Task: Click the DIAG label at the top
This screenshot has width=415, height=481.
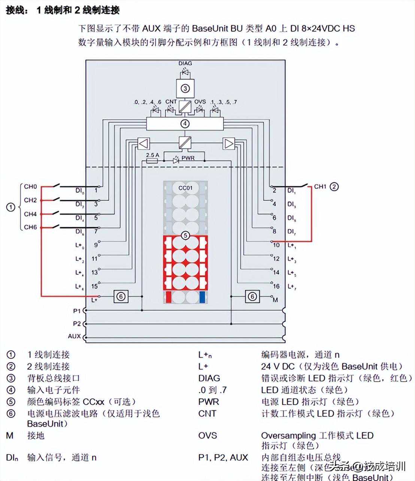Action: click(x=185, y=63)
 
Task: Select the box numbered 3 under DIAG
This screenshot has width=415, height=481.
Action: click(x=185, y=89)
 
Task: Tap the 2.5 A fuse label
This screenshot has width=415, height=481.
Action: click(x=152, y=155)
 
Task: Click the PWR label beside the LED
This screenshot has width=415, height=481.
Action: click(x=188, y=158)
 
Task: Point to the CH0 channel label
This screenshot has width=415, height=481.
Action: click(x=30, y=186)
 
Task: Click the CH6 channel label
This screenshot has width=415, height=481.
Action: click(x=30, y=227)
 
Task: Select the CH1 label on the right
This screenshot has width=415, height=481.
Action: click(x=320, y=186)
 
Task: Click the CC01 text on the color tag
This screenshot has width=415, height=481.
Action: click(x=185, y=188)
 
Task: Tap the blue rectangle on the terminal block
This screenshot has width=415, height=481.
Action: click(x=202, y=297)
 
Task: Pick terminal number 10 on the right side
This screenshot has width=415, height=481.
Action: click(x=276, y=245)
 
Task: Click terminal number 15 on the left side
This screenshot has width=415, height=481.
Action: click(x=94, y=286)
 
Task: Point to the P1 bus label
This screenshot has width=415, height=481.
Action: click(x=77, y=310)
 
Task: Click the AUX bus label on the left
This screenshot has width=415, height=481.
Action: click(x=75, y=336)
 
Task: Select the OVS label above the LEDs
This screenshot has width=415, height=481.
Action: click(x=200, y=102)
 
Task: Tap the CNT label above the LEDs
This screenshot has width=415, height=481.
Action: click(x=171, y=102)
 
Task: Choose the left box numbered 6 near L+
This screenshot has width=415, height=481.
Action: click(x=121, y=297)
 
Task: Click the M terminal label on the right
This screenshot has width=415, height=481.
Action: click(x=276, y=300)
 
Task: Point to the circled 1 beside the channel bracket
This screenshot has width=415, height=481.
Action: click(x=11, y=207)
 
